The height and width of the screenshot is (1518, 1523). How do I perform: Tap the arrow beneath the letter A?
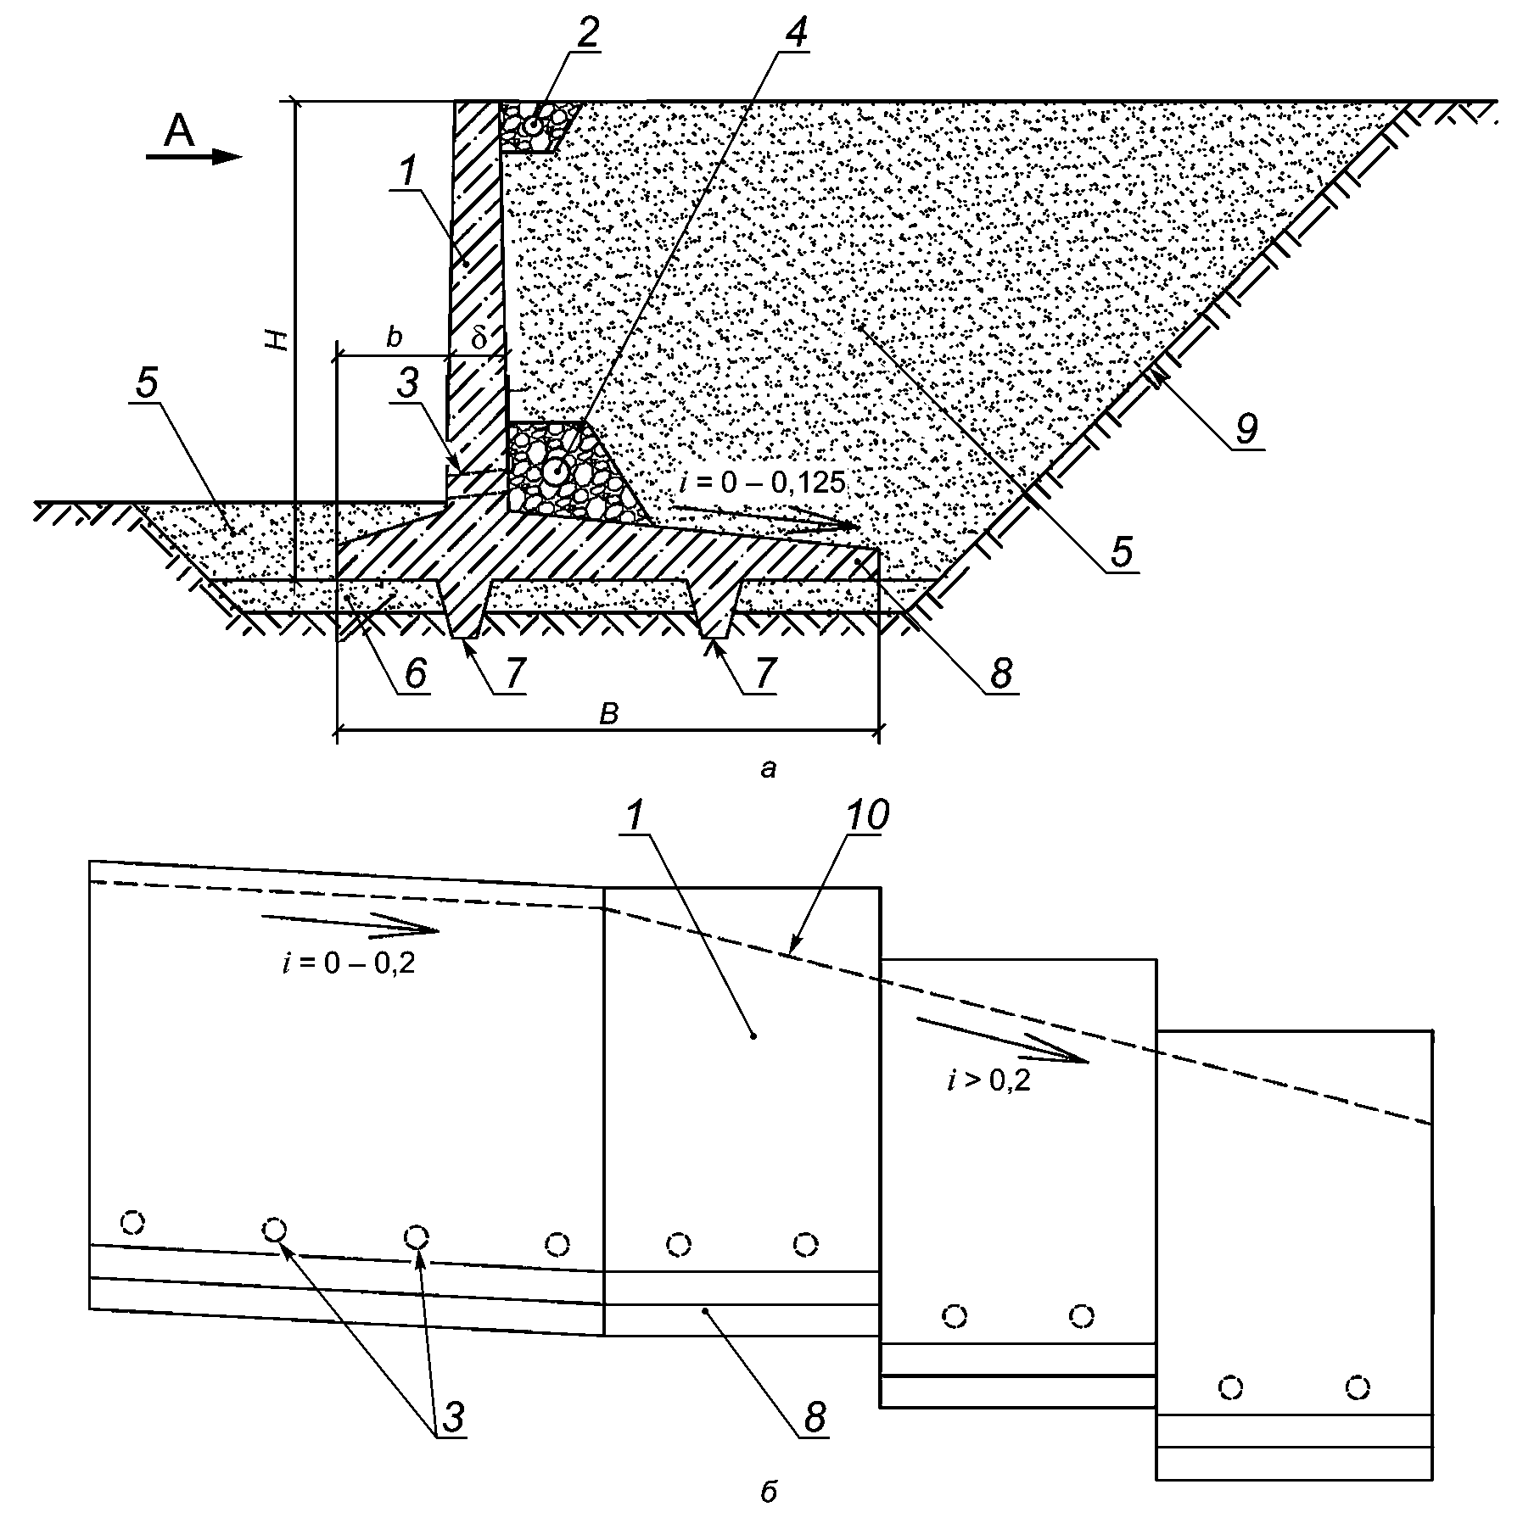click(x=194, y=157)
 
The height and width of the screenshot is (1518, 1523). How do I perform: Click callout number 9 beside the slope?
click(x=1246, y=429)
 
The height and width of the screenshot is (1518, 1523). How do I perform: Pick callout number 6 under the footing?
click(x=416, y=675)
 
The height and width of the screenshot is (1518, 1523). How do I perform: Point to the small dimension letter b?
click(x=393, y=338)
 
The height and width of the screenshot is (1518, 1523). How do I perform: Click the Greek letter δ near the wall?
click(x=479, y=338)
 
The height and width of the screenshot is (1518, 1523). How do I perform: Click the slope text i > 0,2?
click(x=988, y=1081)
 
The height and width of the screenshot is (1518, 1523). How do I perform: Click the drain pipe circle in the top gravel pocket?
click(x=533, y=126)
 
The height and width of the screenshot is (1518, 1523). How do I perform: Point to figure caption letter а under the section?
click(x=769, y=769)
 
